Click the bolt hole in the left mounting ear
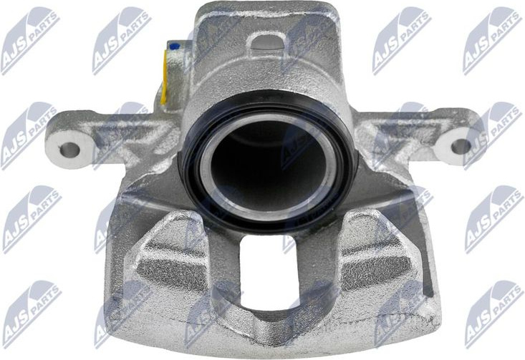(x=69, y=150)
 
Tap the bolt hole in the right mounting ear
(x=461, y=146)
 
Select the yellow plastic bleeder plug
(x=164, y=77)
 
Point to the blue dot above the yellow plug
(x=174, y=47)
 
